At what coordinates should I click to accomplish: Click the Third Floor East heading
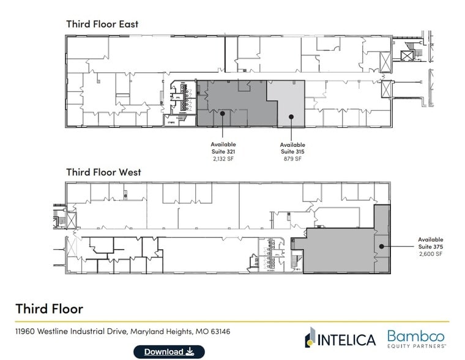click(x=102, y=24)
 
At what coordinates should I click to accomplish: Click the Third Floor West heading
click(x=103, y=172)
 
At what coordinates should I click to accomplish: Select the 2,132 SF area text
click(x=223, y=159)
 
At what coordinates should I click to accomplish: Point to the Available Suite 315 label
click(x=292, y=148)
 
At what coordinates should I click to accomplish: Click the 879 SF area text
click(x=292, y=159)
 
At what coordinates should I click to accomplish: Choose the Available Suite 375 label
click(x=431, y=243)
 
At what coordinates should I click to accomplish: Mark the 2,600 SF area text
click(x=431, y=254)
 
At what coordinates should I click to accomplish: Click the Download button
click(x=169, y=351)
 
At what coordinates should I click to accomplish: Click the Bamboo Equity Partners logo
click(x=416, y=338)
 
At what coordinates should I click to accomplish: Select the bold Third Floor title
click(x=50, y=308)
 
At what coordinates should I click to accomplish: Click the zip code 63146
click(x=218, y=331)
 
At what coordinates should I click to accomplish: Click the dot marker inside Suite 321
click(x=223, y=113)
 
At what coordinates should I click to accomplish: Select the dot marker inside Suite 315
click(x=292, y=116)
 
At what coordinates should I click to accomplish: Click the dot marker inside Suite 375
click(x=381, y=247)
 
